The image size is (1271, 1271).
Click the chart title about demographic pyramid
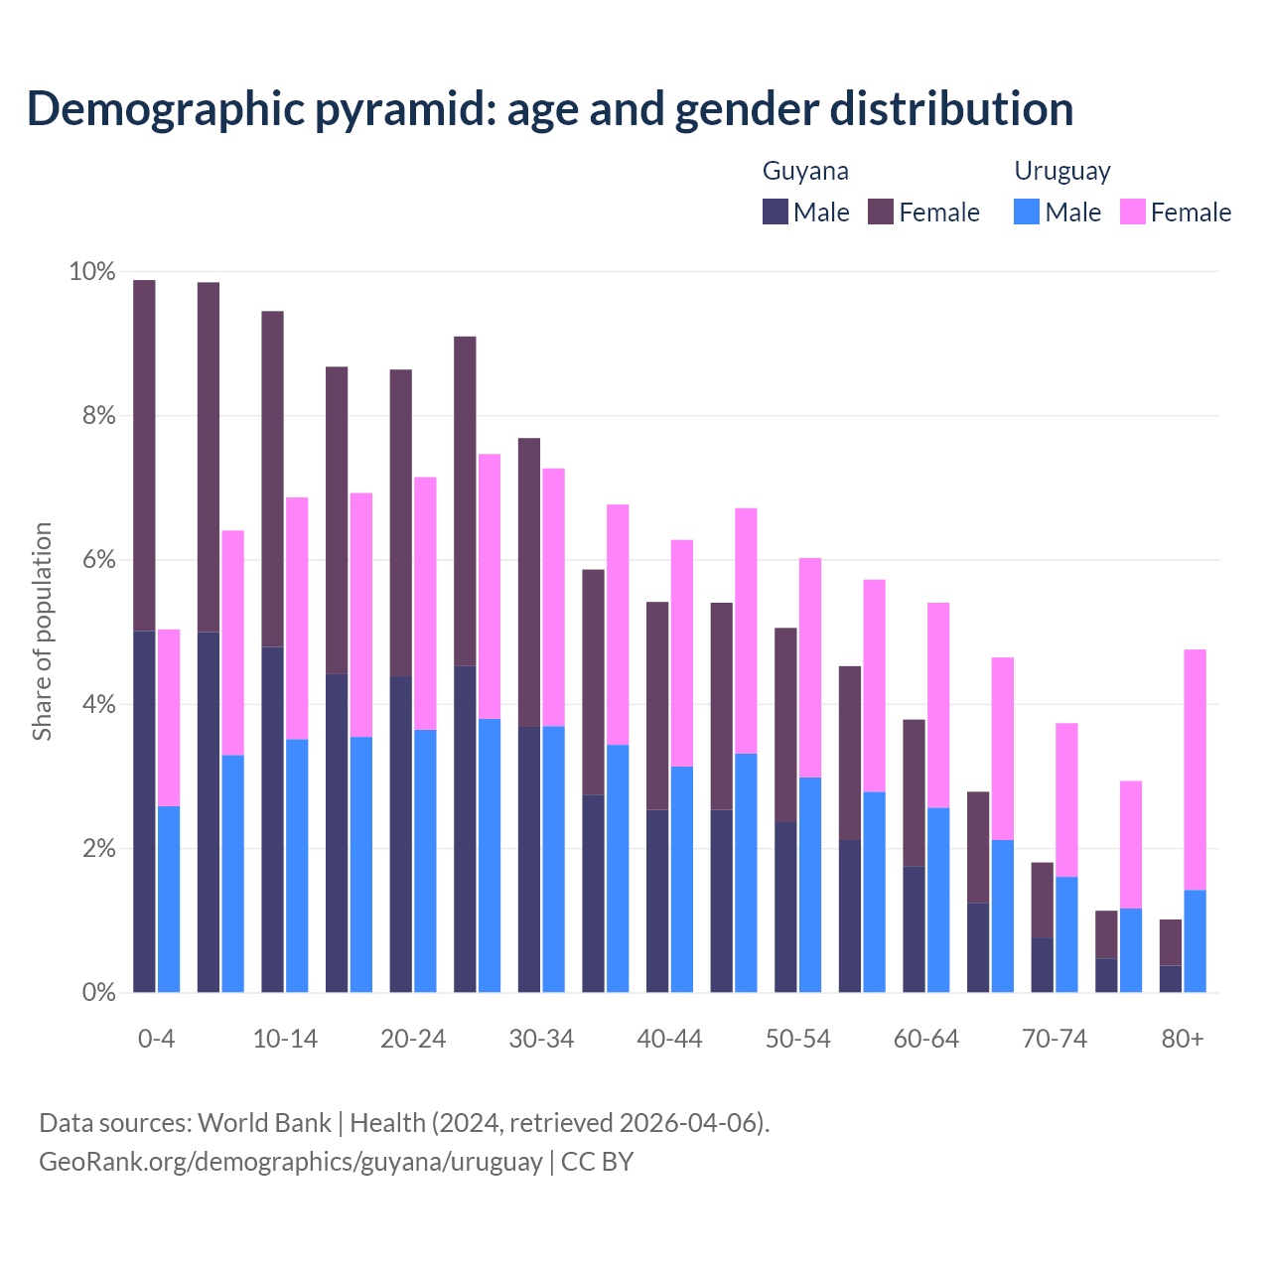(549, 108)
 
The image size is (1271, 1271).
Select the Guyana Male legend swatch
(775, 212)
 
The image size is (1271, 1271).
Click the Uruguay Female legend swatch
(1132, 212)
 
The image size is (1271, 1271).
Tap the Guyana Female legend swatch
(881, 212)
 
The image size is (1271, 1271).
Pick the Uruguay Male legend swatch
(1027, 212)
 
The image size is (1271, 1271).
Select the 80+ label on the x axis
(1183, 1039)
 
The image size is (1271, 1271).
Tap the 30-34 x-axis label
(541, 1039)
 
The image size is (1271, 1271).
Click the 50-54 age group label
(797, 1039)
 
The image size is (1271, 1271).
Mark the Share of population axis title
(42, 632)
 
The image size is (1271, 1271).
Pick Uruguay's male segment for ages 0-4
(169, 899)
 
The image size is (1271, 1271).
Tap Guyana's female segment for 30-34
(529, 582)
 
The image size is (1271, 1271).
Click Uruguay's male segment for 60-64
(938, 900)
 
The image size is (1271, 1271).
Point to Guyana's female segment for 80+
(1171, 942)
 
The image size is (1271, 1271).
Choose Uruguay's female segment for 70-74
(1066, 799)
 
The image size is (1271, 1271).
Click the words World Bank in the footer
(264, 1123)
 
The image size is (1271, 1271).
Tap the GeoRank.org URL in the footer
(290, 1161)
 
